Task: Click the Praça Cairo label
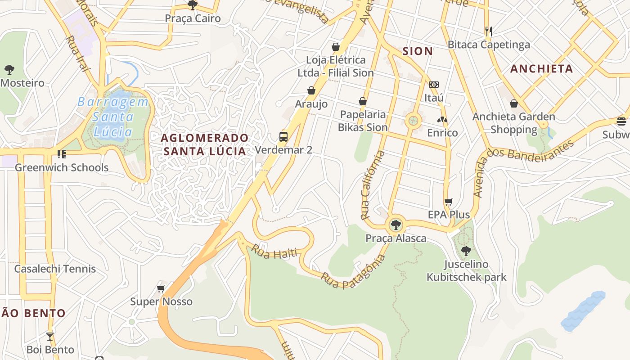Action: coord(193,18)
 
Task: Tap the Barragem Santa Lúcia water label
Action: coord(112,117)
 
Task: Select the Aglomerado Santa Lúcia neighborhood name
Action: coord(205,144)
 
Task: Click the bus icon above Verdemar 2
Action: coord(283,137)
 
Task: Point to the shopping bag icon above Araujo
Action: coord(311,91)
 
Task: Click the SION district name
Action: coord(418,51)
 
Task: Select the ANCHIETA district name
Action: coord(541,69)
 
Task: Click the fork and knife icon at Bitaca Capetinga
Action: coord(489,31)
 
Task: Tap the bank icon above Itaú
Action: coord(434,85)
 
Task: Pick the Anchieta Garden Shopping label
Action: coord(513,123)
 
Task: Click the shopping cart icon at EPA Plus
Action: coord(448,202)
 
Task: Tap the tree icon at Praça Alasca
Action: coord(396,225)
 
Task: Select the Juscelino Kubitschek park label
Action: coord(466,270)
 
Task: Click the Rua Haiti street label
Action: coord(274,252)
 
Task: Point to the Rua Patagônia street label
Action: coord(353,271)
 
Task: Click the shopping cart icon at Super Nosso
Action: coord(161,288)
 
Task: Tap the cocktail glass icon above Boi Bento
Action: coord(50,336)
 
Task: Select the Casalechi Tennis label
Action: coord(55,269)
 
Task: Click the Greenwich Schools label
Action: coord(62,167)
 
